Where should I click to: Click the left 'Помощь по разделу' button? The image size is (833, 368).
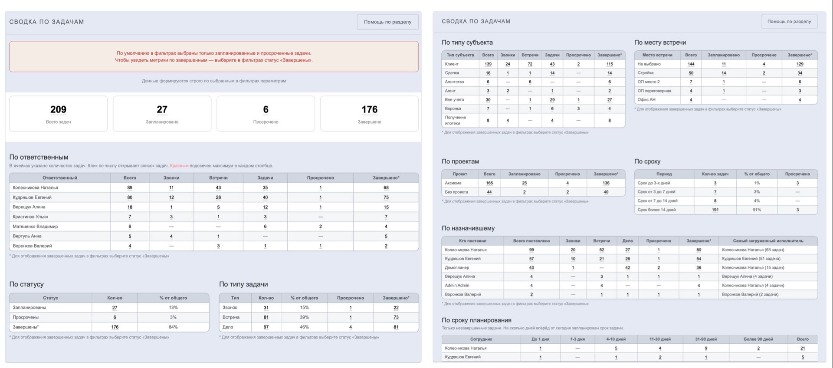coord(387,22)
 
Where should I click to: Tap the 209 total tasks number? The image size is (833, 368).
coord(58,109)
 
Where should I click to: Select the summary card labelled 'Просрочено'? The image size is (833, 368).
coord(266,114)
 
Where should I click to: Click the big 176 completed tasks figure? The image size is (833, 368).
coord(369,109)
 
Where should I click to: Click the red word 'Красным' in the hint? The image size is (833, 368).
coord(179,166)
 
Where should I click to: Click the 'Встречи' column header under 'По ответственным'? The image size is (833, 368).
coord(218,178)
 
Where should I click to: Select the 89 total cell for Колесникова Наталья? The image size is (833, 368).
coord(130,188)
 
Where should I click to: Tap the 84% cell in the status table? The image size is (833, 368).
coord(173,327)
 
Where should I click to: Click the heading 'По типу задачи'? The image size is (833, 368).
coord(243,284)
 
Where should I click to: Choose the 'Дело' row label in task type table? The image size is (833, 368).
coord(228,327)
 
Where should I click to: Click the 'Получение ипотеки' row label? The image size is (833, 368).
coord(455,120)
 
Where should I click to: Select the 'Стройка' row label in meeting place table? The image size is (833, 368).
coord(646,73)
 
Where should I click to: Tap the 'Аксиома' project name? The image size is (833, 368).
coord(453,183)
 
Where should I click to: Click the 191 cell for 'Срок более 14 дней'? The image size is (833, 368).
coord(715,210)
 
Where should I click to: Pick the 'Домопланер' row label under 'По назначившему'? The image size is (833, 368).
coord(457,268)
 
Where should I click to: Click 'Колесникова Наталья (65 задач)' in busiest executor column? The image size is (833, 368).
coord(753,250)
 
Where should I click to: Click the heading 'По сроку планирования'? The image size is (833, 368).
coord(476,320)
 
